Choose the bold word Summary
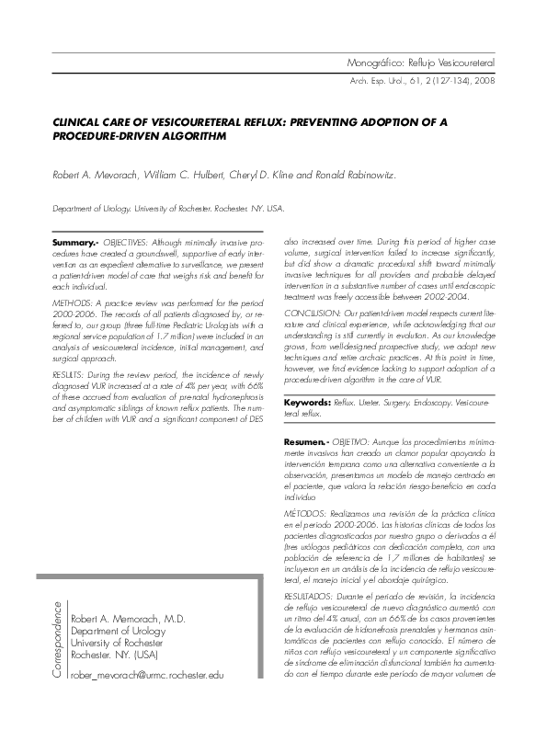(74, 242)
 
